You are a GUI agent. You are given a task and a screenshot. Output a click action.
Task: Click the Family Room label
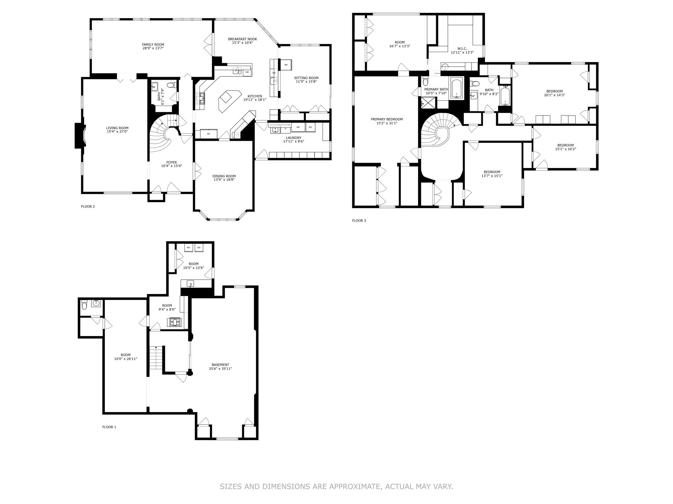(153, 45)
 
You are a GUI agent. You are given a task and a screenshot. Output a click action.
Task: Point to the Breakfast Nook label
(243, 39)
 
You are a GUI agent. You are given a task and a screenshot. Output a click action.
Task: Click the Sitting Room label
(306, 78)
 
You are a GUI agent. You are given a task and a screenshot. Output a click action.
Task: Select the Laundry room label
(293, 138)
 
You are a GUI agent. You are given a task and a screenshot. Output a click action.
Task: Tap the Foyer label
(171, 162)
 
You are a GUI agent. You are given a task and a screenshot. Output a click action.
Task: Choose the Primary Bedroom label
(386, 119)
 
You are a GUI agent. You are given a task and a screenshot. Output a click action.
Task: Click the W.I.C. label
(462, 49)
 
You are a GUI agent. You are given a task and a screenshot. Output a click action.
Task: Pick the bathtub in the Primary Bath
(456, 88)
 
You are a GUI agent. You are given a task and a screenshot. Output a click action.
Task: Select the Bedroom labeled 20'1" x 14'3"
(554, 92)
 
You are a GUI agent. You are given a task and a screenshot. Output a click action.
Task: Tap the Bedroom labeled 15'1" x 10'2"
(565, 145)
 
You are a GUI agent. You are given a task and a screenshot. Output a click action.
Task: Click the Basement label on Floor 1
(220, 365)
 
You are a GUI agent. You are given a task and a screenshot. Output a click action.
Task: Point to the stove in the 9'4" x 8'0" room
(174, 322)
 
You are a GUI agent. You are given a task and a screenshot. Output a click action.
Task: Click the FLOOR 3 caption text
(359, 220)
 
